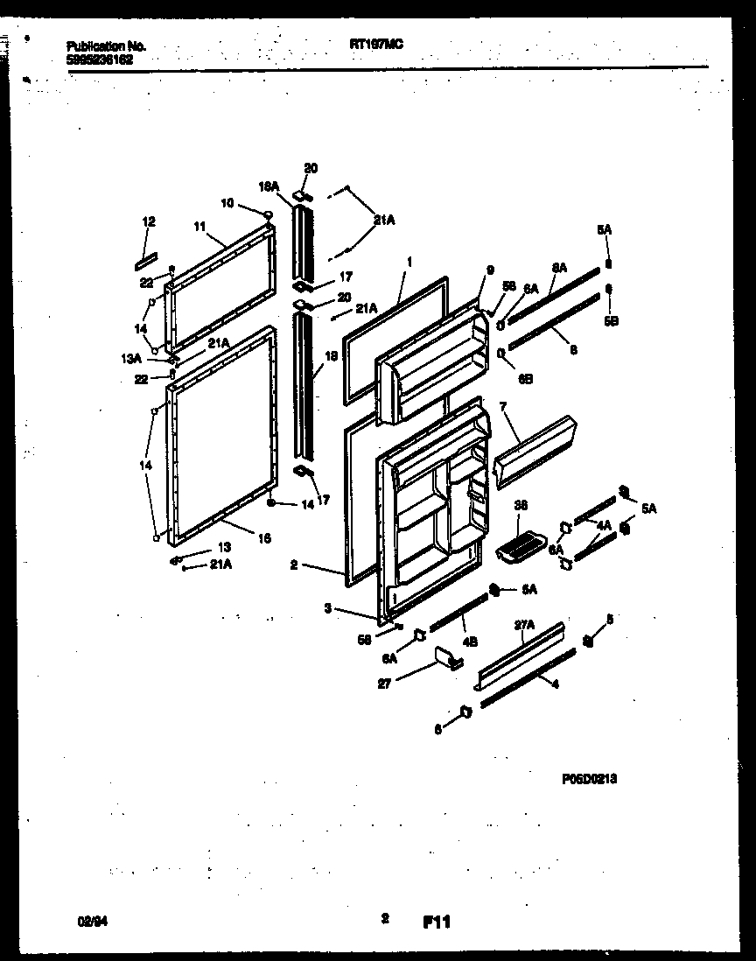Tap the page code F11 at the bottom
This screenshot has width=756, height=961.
[436, 922]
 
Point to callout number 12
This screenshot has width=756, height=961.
[148, 222]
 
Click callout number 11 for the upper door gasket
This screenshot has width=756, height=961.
[199, 226]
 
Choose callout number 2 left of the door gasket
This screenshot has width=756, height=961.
[295, 565]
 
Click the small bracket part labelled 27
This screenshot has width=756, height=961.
[447, 657]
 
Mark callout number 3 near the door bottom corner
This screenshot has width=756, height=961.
[326, 607]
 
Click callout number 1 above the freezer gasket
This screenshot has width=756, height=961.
[408, 261]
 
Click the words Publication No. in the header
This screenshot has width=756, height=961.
[106, 46]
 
